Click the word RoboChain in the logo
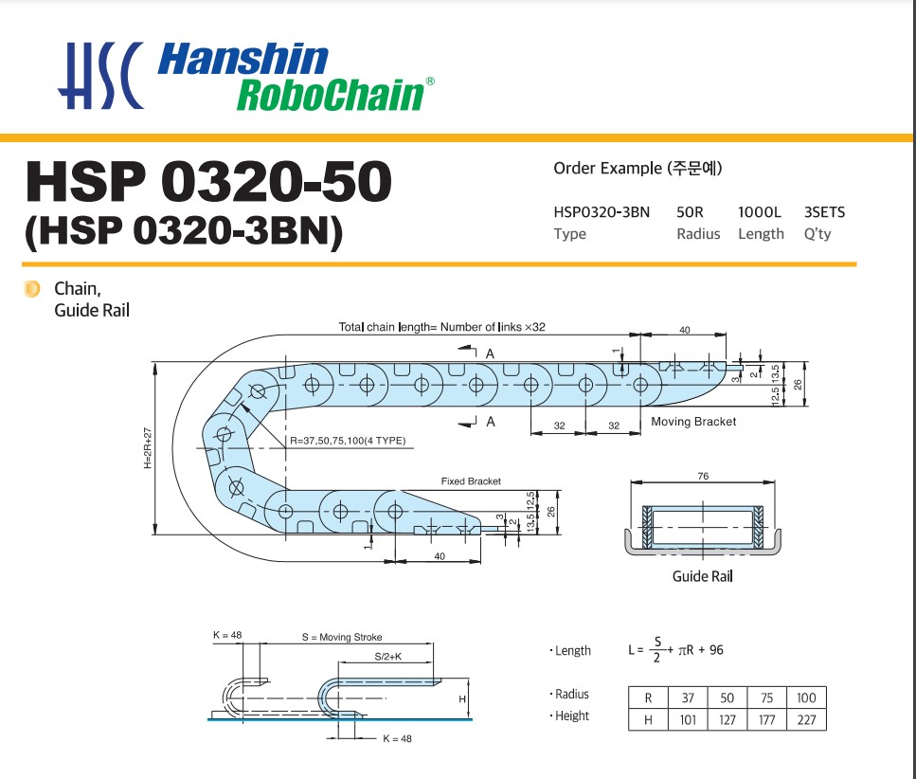(329, 95)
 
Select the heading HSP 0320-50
(208, 182)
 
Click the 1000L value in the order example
(761, 211)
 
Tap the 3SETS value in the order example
(824, 211)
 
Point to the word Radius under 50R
(698, 234)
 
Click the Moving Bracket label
(693, 422)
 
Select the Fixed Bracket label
(471, 481)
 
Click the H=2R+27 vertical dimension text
(148, 447)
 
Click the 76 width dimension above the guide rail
(703, 477)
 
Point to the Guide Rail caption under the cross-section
(702, 576)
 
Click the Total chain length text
(441, 327)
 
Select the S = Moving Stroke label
(342, 637)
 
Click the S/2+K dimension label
(388, 656)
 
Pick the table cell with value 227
(805, 719)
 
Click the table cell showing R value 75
(767, 697)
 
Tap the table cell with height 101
(688, 719)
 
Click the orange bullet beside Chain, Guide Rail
(31, 288)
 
